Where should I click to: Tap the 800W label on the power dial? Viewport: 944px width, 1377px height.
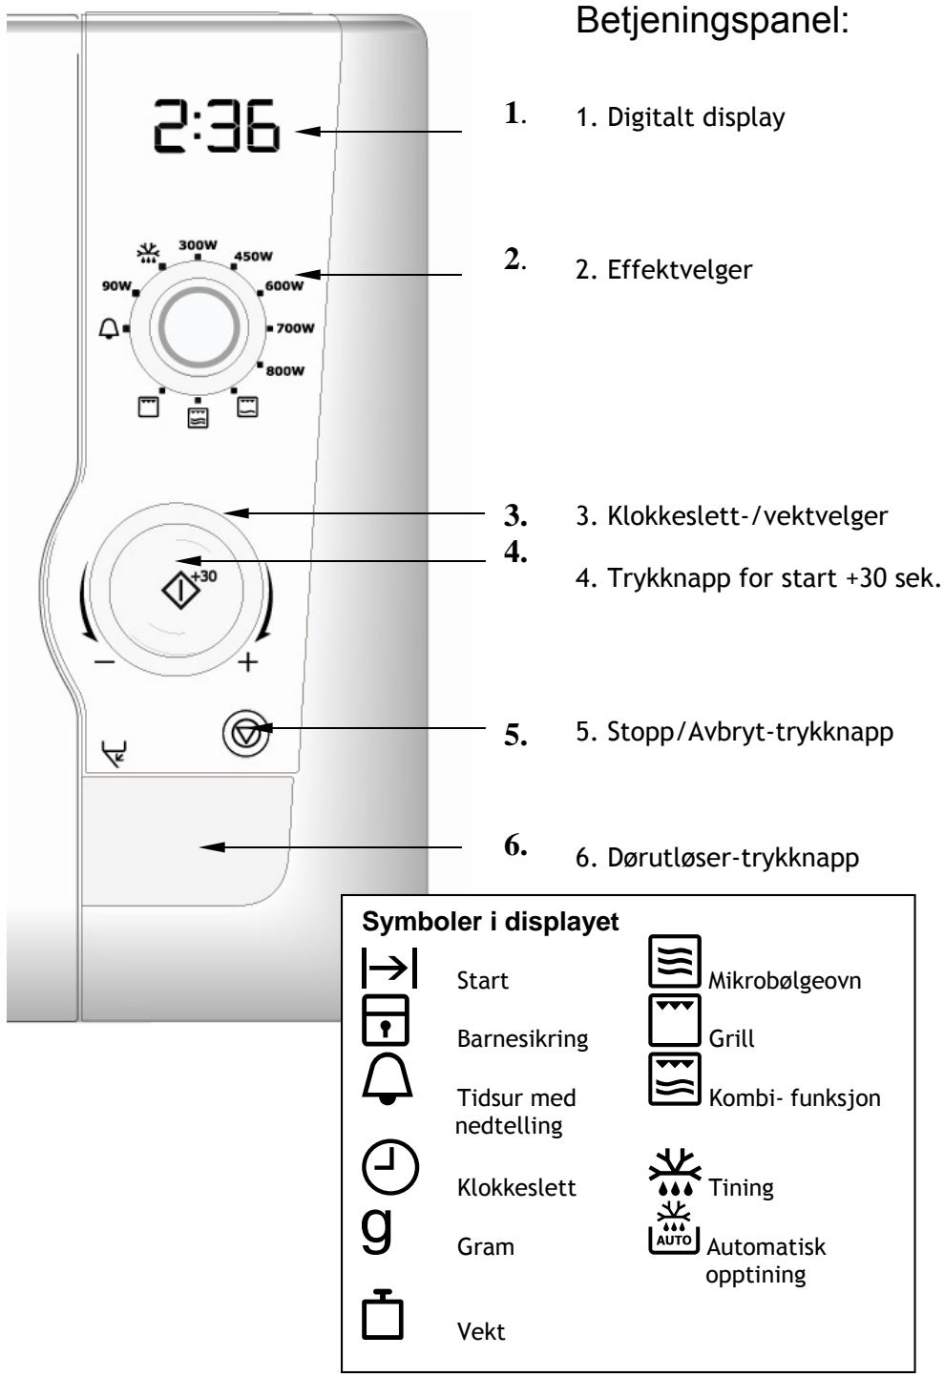point(285,370)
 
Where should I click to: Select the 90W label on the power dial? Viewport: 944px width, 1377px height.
point(117,283)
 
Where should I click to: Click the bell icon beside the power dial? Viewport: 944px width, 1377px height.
point(111,327)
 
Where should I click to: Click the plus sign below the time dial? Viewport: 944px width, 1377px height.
point(248,662)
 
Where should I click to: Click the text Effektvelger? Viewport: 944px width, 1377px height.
point(680,269)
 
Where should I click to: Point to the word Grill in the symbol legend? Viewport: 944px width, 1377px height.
point(731,1038)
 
